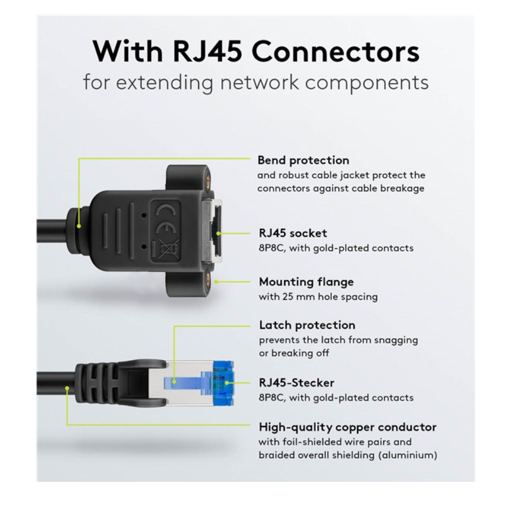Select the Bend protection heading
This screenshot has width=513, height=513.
tap(303, 160)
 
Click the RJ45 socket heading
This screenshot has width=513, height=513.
tap(292, 233)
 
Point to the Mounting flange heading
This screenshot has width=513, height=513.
tap(306, 282)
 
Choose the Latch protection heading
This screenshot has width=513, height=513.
tap(307, 325)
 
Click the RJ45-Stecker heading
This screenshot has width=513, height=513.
tap(296, 382)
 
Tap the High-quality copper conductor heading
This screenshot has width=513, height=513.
tap(347, 427)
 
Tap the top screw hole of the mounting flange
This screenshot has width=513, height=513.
tap(207, 174)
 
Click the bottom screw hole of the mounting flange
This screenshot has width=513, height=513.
tap(208, 281)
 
